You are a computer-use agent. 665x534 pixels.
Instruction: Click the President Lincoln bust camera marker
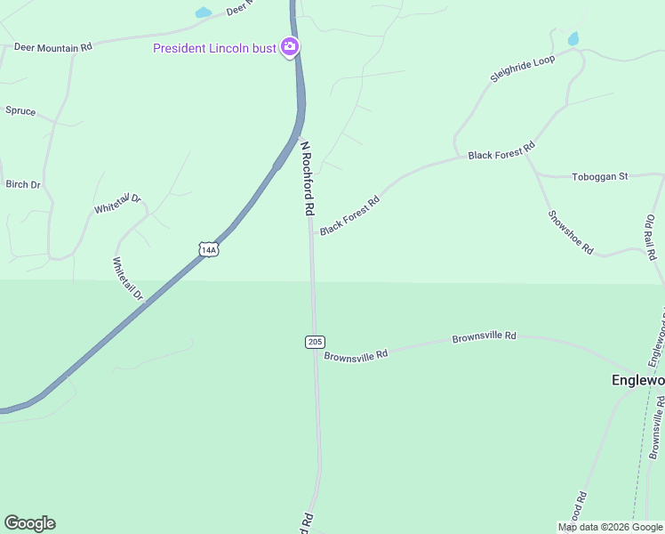click(x=289, y=47)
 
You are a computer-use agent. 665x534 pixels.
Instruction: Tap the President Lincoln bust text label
click(x=214, y=48)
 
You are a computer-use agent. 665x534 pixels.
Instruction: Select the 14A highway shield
click(x=208, y=250)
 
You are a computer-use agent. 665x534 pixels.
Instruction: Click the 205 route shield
click(x=315, y=342)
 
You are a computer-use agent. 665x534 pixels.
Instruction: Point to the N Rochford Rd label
click(x=308, y=178)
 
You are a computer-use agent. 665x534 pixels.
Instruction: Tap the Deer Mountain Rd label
click(x=52, y=46)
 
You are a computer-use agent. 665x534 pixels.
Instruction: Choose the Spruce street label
click(x=20, y=111)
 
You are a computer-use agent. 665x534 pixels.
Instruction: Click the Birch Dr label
click(x=23, y=185)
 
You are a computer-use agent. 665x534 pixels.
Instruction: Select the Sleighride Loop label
click(x=523, y=69)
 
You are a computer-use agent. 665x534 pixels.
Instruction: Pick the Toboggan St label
click(x=600, y=176)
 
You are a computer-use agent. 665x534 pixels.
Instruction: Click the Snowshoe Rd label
click(x=570, y=232)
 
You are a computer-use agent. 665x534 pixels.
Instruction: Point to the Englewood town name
click(x=637, y=380)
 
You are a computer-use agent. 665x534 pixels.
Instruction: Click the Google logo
click(x=29, y=523)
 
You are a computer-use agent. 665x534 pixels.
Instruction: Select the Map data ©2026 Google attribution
click(x=609, y=527)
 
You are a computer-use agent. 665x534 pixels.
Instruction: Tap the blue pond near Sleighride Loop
click(x=573, y=39)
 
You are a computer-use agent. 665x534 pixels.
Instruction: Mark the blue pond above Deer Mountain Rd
click(x=204, y=13)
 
